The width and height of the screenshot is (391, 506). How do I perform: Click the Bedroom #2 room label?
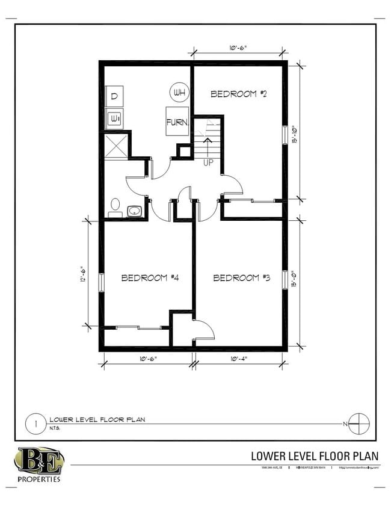[238, 94]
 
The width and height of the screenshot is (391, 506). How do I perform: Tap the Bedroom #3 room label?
[242, 278]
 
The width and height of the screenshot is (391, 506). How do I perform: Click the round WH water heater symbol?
[179, 93]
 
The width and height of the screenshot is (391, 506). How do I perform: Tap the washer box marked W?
[114, 119]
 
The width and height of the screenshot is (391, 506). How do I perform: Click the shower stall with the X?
[115, 145]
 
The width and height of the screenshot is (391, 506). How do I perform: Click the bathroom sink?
[134, 211]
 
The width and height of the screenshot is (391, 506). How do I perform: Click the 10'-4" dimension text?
[238, 359]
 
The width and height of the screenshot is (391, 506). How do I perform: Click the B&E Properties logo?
[38, 464]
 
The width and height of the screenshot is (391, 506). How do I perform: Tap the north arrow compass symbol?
[359, 424]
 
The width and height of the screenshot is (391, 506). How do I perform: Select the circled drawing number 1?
[36, 424]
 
